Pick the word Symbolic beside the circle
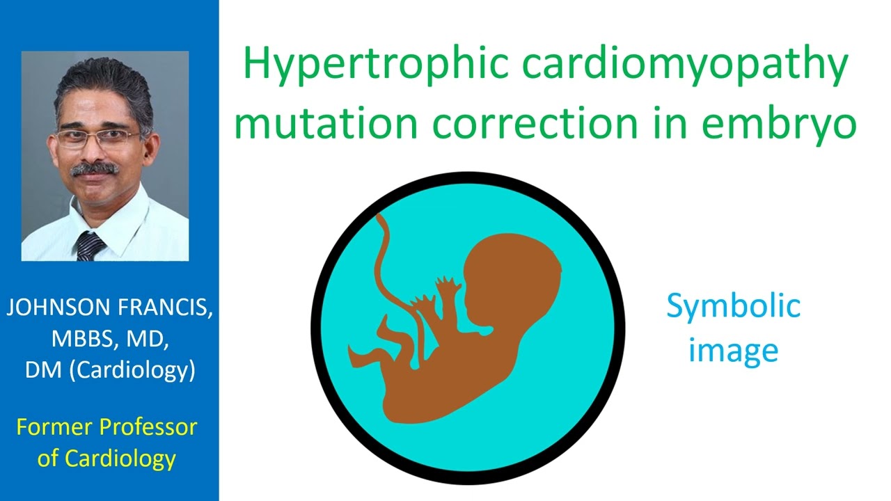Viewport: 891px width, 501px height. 733,307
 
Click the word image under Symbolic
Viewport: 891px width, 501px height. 733,351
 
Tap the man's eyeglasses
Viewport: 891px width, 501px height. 97,137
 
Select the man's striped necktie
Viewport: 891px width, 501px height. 90,246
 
